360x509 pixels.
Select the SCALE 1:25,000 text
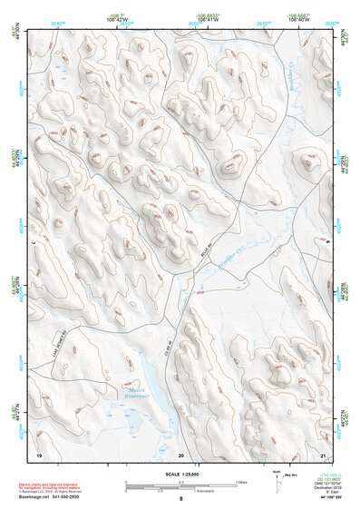pyautogui.click(x=180, y=473)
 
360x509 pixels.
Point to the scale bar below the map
pyautogui.click(x=181, y=484)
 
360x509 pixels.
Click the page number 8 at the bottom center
pyautogui.click(x=180, y=499)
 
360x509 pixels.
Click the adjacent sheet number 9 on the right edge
pyautogui.click(x=326, y=242)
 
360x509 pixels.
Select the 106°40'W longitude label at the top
pyautogui.click(x=287, y=21)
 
